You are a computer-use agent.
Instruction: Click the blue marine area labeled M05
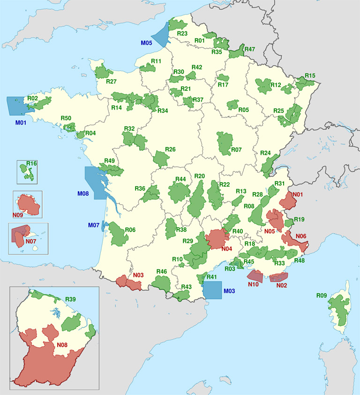pos(161,34)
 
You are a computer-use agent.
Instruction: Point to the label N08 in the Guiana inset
pos(63,346)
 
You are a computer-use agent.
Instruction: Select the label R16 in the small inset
pos(31,164)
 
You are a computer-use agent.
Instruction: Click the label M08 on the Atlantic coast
pos(82,193)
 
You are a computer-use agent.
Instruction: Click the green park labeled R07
pos(225,140)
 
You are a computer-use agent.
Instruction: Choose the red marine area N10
pos(255,276)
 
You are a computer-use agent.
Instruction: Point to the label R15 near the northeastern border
pos(310,75)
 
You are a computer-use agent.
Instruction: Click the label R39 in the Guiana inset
pos(71,299)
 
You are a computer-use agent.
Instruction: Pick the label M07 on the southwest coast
pos(94,226)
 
